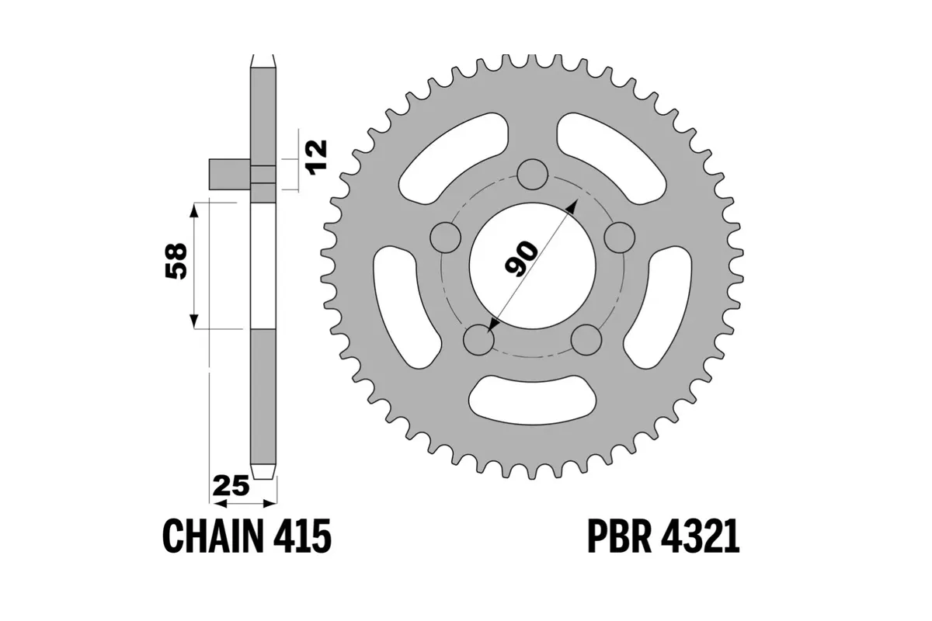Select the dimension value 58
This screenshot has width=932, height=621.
(x=176, y=262)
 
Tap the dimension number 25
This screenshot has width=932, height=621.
(x=231, y=487)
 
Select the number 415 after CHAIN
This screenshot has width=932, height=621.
(x=304, y=536)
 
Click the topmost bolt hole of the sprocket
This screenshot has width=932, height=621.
(x=532, y=175)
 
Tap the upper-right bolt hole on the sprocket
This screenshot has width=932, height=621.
(x=620, y=237)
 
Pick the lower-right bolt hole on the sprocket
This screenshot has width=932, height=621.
(x=586, y=339)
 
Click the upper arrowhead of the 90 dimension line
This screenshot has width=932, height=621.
(x=573, y=204)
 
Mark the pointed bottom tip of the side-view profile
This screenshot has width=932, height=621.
(x=263, y=475)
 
